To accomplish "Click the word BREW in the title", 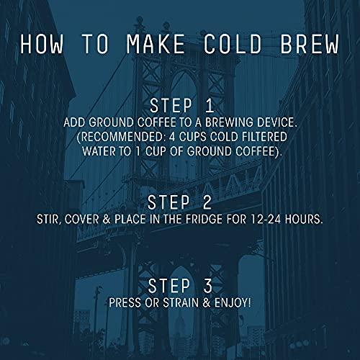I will tap(303, 44).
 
